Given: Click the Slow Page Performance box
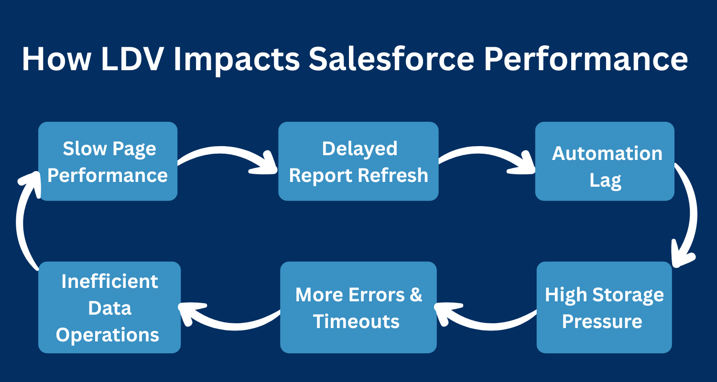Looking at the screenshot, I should pyautogui.click(x=108, y=161).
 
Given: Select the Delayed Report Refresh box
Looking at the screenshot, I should pyautogui.click(x=358, y=161).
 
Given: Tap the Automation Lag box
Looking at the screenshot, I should pyautogui.click(x=605, y=161).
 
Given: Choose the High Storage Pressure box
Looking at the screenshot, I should pyautogui.click(x=604, y=307).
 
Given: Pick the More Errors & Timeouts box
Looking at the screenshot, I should pyautogui.click(x=358, y=307).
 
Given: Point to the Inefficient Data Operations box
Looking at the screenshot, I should pyautogui.click(x=109, y=307).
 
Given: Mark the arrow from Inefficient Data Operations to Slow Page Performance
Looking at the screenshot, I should pyautogui.click(x=22, y=220).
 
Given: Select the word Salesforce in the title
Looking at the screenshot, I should pyautogui.click(x=391, y=59).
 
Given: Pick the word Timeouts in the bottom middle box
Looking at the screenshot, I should pyautogui.click(x=356, y=321).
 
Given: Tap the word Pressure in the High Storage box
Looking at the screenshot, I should pyautogui.click(x=602, y=321).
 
